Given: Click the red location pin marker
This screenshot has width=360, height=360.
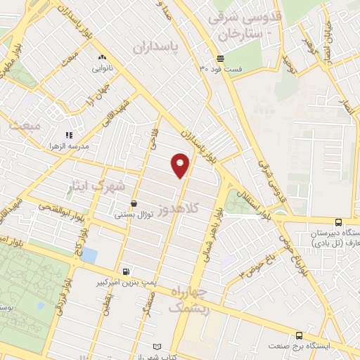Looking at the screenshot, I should pyautogui.click(x=181, y=165).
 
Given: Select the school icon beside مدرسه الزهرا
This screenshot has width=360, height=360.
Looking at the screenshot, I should pyautogui.click(x=69, y=135).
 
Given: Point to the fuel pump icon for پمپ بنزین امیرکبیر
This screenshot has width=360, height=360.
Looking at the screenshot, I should pyautogui.click(x=126, y=271).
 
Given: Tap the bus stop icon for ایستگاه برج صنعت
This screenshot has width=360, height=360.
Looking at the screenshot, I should pyautogui.click(x=300, y=335).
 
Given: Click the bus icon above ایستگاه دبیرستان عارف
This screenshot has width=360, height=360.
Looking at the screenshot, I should pyautogui.click(x=339, y=222).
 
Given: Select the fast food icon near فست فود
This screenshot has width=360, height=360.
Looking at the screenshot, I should pyautogui.click(x=221, y=58).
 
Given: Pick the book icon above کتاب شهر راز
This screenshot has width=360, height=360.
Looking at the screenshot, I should pyautogui.click(x=166, y=347).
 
